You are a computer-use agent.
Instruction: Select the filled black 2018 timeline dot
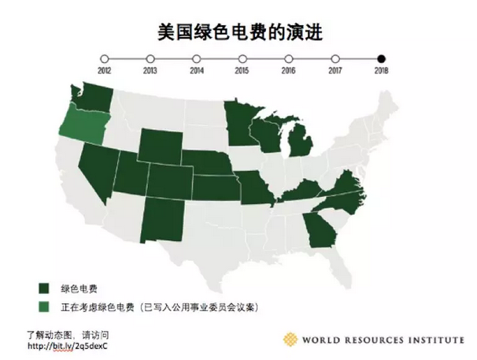click(382, 58)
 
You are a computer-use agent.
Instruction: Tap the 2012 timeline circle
click(104, 58)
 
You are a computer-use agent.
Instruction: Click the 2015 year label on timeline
click(242, 71)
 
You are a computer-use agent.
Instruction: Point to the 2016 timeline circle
click(289, 58)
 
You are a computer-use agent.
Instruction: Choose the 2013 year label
click(150, 71)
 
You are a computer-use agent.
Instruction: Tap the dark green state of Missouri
click(254, 187)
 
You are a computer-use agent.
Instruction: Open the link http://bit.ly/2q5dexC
click(67, 345)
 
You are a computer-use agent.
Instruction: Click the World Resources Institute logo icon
click(293, 340)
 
